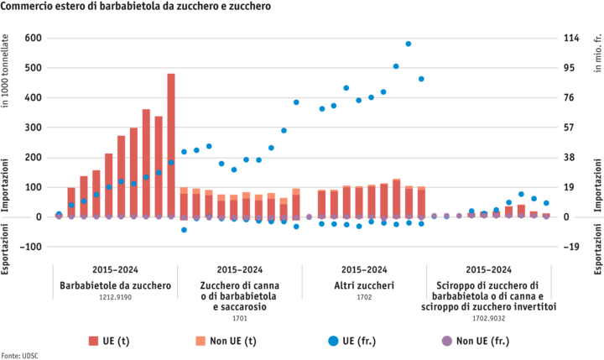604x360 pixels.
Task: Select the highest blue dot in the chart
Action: (x=409, y=44)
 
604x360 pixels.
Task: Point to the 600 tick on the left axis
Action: (x=33, y=39)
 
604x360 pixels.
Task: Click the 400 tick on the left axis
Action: (x=33, y=98)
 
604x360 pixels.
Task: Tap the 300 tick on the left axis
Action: (x=33, y=128)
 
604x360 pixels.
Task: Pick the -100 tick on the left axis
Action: (x=31, y=246)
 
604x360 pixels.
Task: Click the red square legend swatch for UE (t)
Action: (x=93, y=341)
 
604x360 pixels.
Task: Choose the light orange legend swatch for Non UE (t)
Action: (x=200, y=341)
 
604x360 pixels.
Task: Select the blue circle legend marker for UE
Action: (x=333, y=341)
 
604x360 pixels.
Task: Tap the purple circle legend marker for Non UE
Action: (x=446, y=341)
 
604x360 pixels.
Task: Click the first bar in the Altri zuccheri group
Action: (x=322, y=202)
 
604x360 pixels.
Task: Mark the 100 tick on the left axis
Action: (x=33, y=187)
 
